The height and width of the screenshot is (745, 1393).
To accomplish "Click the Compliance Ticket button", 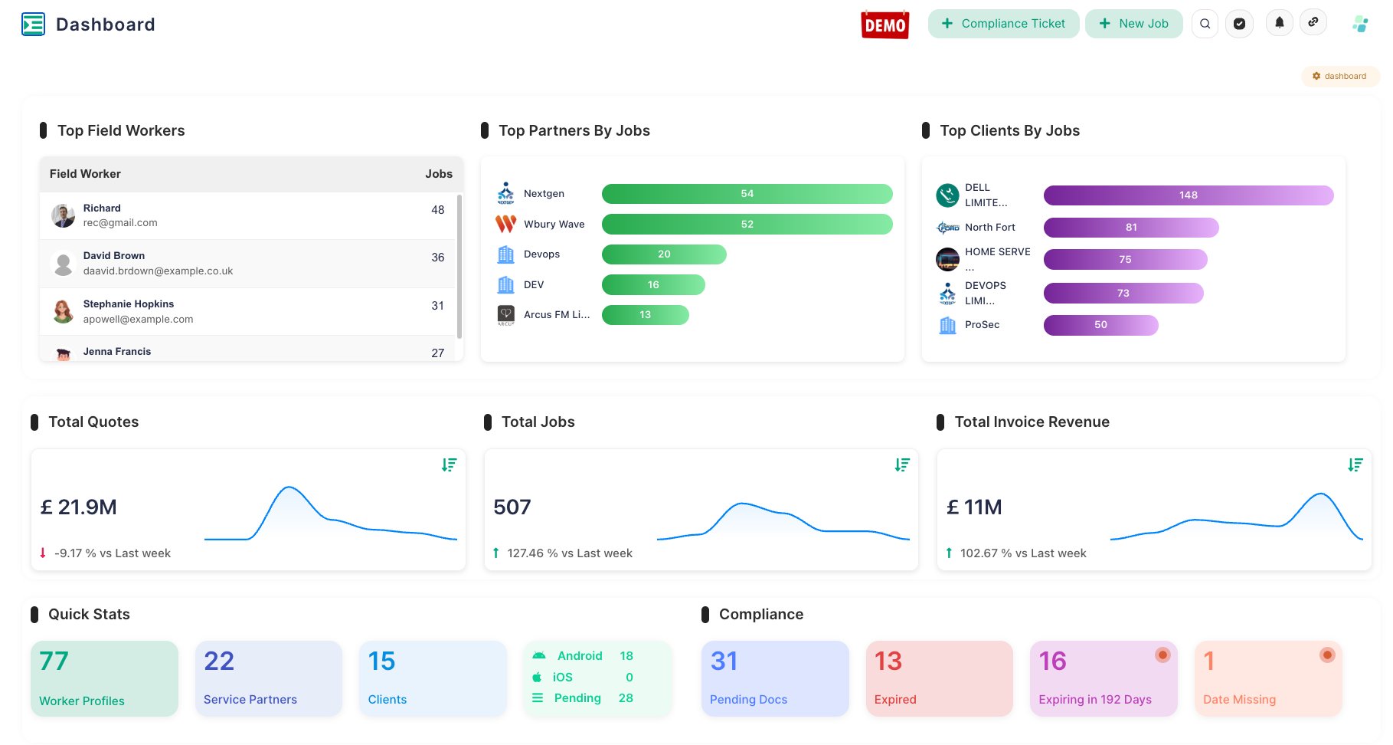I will click(x=1003, y=24).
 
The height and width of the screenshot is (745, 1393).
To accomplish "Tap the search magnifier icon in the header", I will click(x=1205, y=24).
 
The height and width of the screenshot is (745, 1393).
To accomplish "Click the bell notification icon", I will click(x=1279, y=23).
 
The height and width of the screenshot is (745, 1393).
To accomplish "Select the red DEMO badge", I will click(x=885, y=25).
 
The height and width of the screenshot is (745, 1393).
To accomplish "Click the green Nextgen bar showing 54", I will click(x=747, y=194).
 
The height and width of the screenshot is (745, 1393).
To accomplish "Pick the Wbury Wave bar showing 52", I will click(x=747, y=225).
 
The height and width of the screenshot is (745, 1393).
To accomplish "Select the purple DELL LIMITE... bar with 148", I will click(x=1188, y=195).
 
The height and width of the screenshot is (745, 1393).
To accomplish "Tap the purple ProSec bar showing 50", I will click(x=1100, y=325).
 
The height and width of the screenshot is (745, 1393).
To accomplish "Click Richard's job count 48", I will click(x=437, y=210).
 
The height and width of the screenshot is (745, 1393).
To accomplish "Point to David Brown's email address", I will click(x=158, y=271).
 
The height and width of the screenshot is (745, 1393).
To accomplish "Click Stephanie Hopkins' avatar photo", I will click(x=63, y=311).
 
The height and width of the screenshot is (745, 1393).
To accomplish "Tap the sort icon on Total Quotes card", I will click(x=449, y=464).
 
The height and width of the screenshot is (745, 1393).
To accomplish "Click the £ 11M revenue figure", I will click(x=974, y=507).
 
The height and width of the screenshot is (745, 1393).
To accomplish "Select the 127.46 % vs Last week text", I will click(x=569, y=553).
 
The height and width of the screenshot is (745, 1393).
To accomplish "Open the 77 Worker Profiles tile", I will click(x=104, y=678).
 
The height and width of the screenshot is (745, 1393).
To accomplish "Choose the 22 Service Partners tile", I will click(x=268, y=678).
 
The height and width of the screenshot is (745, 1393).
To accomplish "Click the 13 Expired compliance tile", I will click(x=939, y=678).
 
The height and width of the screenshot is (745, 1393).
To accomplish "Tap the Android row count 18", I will click(x=626, y=656).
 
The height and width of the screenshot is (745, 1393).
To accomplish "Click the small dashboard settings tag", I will click(x=1339, y=77).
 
